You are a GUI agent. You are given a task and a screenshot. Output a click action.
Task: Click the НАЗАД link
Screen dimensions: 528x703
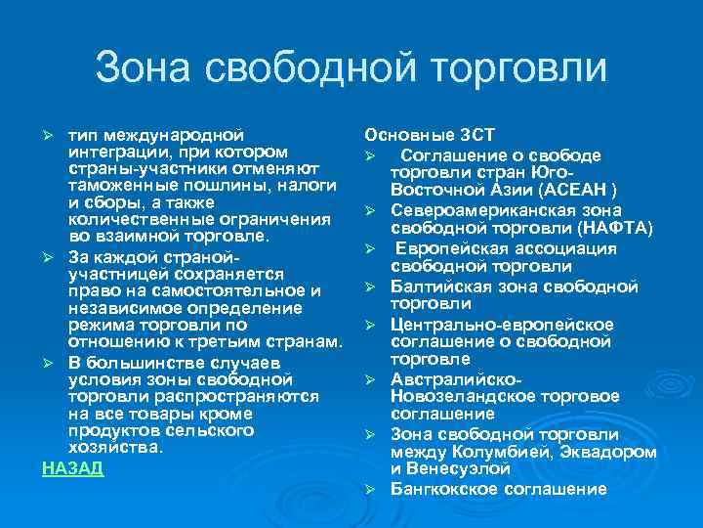click(x=72, y=468)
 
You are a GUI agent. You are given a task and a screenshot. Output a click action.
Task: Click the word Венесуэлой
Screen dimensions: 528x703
click(x=458, y=469)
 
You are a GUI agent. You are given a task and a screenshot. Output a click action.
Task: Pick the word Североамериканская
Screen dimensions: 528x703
click(x=476, y=210)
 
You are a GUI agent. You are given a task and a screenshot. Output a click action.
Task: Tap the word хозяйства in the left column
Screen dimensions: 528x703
click(x=111, y=447)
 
